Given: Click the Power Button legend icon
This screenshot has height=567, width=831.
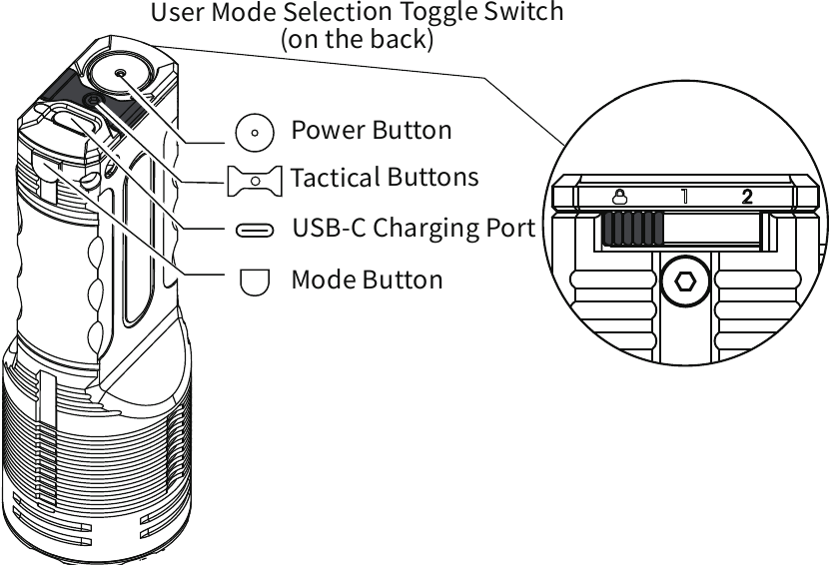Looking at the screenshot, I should click(x=254, y=131).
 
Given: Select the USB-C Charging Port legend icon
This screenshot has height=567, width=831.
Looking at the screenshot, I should click(x=254, y=230).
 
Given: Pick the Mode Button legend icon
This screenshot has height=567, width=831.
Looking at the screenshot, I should click(x=255, y=281).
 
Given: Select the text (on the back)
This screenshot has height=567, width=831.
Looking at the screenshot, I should click(x=358, y=41).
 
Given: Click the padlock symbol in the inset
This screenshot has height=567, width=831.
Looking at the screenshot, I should click(x=620, y=196).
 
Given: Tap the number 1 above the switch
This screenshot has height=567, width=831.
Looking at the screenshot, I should click(x=685, y=196).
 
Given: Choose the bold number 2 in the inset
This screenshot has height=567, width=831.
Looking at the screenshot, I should click(x=747, y=196).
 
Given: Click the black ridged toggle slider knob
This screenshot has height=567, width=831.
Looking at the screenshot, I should click(x=631, y=230).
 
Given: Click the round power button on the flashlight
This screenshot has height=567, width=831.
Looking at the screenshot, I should click(x=121, y=74).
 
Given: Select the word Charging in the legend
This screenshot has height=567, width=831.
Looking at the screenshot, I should click(x=428, y=228).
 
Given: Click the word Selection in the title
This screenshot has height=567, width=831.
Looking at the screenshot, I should click(x=333, y=14).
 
